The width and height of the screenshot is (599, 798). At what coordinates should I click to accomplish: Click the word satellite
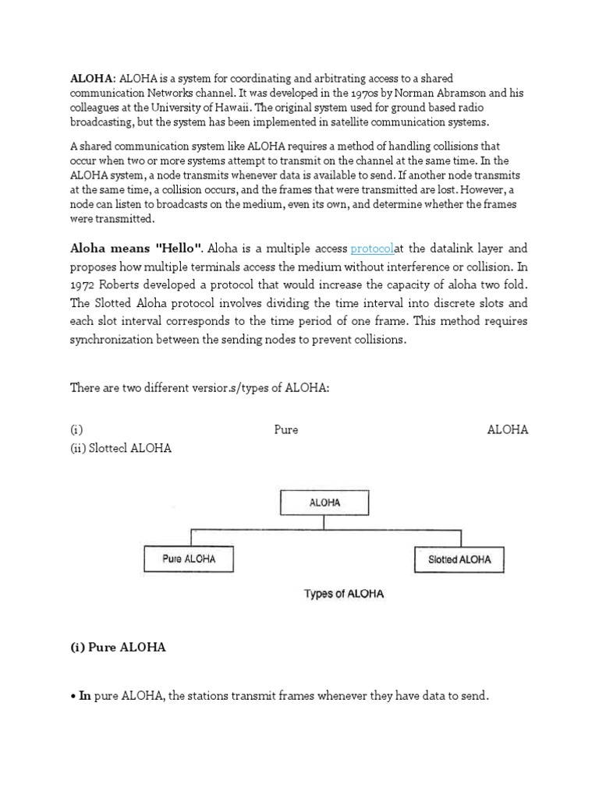tap(356, 122)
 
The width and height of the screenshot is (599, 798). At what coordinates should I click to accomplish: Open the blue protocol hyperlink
tap(372, 249)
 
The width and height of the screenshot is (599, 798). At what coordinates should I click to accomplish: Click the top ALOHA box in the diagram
tap(324, 503)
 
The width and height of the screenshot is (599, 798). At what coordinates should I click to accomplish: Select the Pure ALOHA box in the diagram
tap(189, 559)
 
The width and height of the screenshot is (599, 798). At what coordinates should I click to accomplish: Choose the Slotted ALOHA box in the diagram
tap(459, 559)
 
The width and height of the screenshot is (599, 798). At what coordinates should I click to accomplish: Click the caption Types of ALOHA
tap(343, 594)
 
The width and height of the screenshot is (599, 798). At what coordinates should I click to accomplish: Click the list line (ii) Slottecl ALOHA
tap(121, 448)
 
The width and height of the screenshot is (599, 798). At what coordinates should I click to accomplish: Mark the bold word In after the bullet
tap(85, 696)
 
